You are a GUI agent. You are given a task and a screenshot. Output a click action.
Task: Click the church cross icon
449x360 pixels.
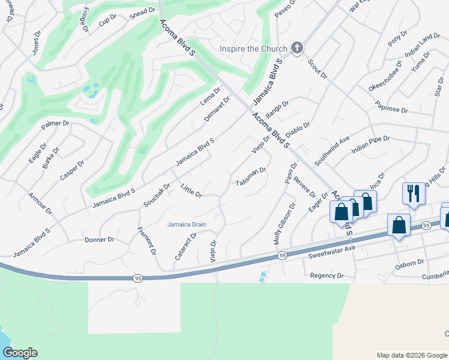pos(296,48)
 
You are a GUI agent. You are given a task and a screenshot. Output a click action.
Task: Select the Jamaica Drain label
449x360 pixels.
pos(187,224)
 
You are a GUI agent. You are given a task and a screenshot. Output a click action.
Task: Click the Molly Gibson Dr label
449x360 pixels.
pos(285,223)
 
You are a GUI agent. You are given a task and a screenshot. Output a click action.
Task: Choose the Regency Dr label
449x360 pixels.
pos(327,275)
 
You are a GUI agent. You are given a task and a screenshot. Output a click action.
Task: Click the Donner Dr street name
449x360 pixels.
pos(100,239)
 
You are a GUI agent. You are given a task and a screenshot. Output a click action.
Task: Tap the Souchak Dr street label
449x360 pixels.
pos(157,196)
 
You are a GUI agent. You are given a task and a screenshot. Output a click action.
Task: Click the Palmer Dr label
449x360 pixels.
pos(56,125)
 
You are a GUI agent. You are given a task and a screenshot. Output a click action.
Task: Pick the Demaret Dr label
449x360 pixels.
pos(217,109)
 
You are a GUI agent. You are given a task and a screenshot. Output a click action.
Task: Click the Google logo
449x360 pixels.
pos(20,353)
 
